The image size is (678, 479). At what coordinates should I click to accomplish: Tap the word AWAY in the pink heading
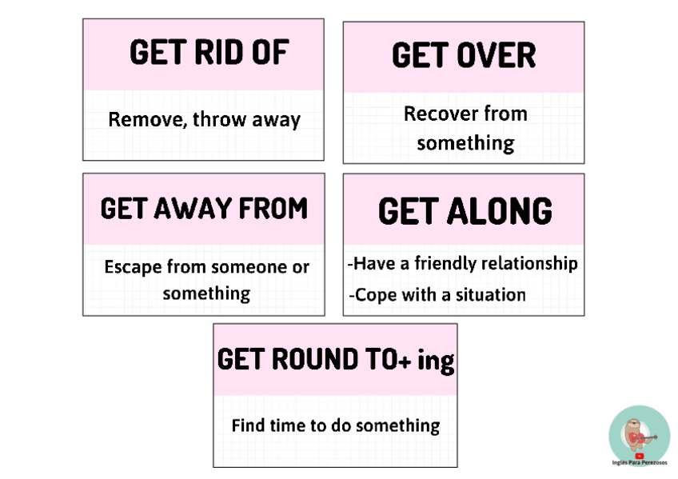pos(205,209)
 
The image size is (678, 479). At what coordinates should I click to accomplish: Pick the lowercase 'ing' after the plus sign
pos(436,361)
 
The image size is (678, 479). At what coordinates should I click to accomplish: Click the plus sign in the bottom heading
pos(405,361)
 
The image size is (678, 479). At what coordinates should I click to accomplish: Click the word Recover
pos(437,114)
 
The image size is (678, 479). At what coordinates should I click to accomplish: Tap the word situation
pos(490,294)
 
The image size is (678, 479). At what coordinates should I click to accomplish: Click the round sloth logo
pos(639,434)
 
